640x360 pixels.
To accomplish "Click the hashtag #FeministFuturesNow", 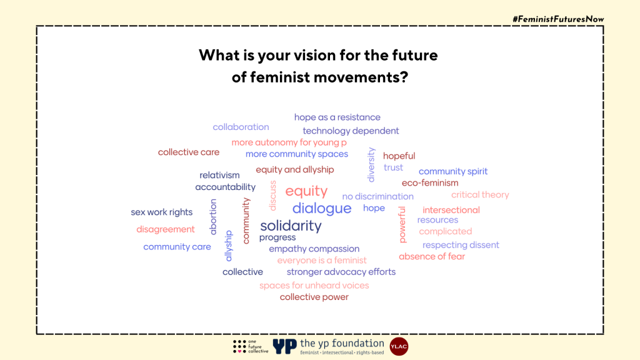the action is click(558, 19).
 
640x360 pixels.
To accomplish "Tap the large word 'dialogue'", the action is click(322, 208).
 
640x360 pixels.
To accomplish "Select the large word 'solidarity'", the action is click(291, 226).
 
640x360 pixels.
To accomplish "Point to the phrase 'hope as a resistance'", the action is click(337, 117).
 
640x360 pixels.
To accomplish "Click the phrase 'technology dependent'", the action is click(351, 131).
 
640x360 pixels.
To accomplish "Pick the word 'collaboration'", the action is click(241, 127).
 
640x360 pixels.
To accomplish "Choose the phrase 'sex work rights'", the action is click(162, 212).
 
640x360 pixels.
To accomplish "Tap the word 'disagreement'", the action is click(165, 229).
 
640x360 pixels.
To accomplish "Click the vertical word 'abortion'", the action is click(213, 217).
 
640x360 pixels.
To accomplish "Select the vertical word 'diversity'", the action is click(371, 164).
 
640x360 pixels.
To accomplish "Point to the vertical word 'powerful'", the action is click(402, 224).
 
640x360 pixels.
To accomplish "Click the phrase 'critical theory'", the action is click(480, 195).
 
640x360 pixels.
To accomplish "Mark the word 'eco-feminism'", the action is click(430, 183).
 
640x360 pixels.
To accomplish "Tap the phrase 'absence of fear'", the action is click(432, 256).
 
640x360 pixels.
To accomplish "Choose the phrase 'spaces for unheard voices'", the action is click(314, 285).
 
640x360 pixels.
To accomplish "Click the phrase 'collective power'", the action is click(314, 297).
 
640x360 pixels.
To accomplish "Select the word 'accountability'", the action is click(225, 187).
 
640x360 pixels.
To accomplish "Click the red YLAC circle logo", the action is click(399, 346).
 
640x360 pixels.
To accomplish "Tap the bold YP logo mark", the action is click(284, 346).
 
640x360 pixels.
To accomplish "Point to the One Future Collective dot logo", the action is click(239, 346).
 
